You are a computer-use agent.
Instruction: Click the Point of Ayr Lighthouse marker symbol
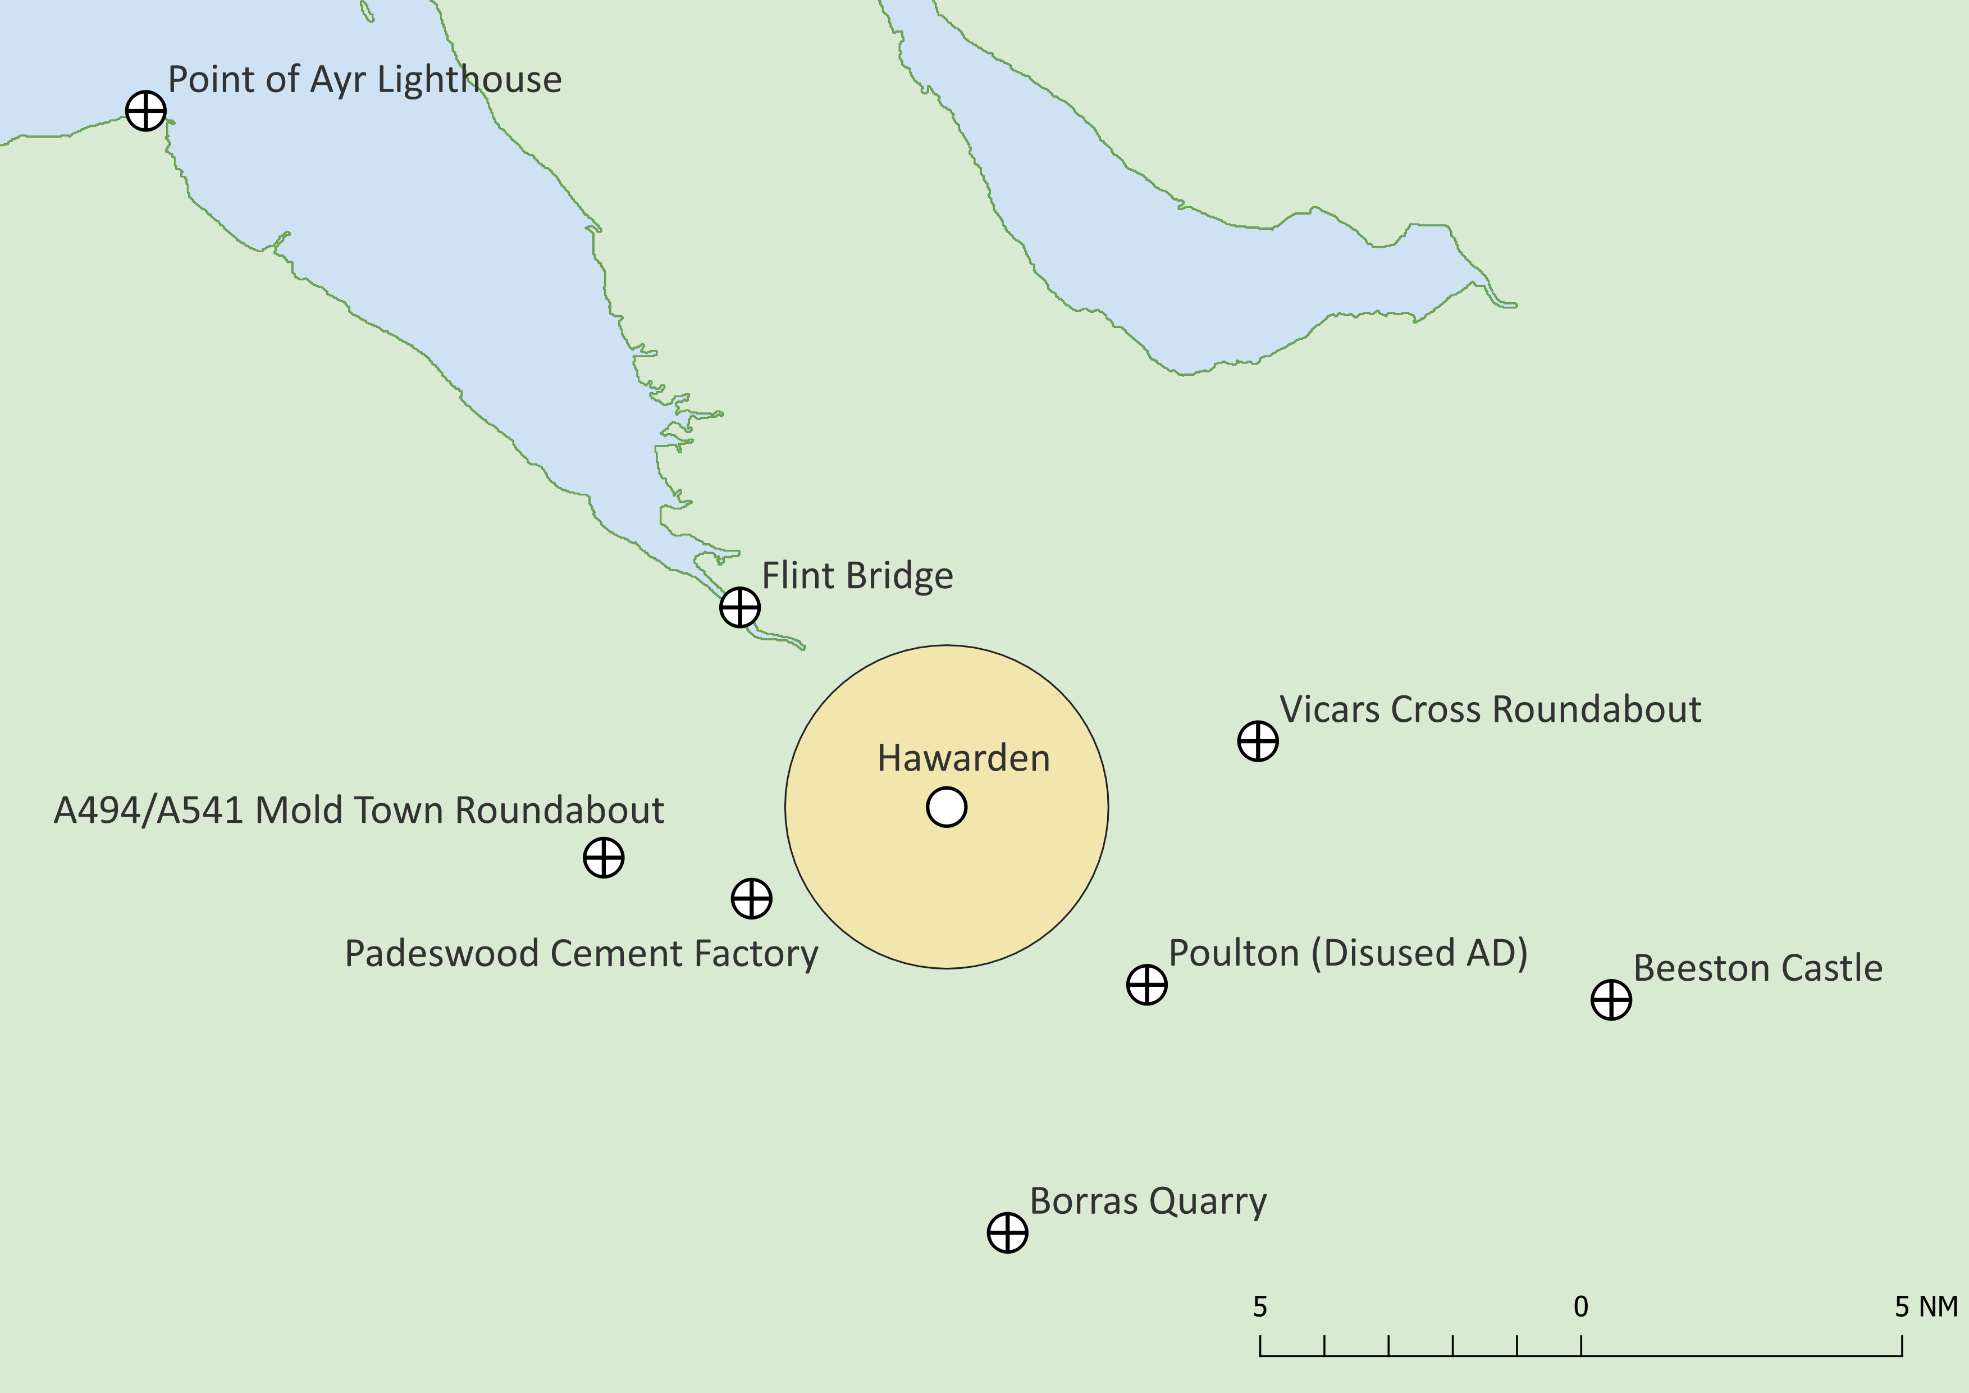(146, 111)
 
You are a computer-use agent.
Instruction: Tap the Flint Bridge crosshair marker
(739, 607)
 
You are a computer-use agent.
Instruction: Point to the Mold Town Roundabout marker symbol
(603, 857)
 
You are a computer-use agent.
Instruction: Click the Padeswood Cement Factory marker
(751, 898)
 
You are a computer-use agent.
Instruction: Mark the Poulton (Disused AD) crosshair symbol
(1146, 984)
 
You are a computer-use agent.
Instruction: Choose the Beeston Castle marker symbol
(1611, 999)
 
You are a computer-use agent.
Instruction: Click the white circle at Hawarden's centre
(947, 807)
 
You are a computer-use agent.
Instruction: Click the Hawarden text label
(963, 758)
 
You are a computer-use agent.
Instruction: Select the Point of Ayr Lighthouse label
(364, 80)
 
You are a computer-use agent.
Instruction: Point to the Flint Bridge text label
(857, 576)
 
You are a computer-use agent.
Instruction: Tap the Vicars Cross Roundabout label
(1490, 709)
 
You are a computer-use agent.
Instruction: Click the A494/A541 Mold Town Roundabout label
(358, 810)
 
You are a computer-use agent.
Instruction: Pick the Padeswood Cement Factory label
(582, 953)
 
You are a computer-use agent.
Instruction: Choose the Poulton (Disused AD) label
(1348, 953)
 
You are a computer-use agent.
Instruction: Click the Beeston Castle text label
(1758, 968)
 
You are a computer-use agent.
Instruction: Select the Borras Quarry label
(1148, 1201)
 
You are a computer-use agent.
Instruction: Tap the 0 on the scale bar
(1580, 1306)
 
